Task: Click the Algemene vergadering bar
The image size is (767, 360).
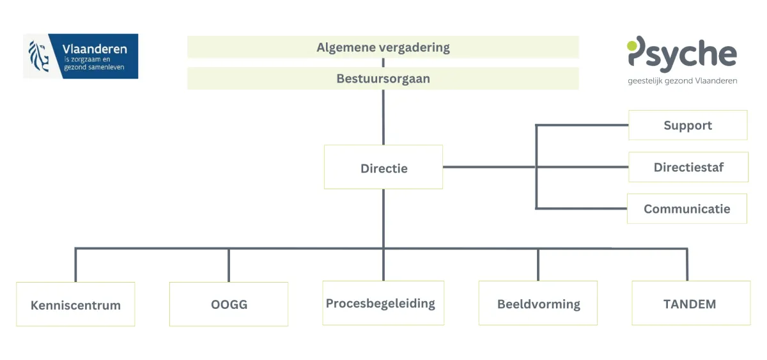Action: (383, 47)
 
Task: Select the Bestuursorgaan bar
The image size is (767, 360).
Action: (383, 79)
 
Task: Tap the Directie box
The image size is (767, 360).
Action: (383, 168)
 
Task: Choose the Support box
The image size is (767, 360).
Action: (688, 125)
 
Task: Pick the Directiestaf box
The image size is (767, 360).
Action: (688, 168)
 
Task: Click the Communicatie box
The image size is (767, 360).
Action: (687, 209)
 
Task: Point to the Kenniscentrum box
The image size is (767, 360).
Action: (75, 304)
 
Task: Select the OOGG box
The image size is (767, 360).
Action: (229, 304)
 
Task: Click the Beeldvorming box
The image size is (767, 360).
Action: (538, 304)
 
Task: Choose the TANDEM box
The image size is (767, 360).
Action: (690, 304)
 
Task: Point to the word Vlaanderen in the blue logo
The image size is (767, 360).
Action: (95, 49)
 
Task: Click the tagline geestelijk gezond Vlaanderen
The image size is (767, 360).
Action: (682, 81)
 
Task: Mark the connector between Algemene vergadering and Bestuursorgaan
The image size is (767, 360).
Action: (383, 63)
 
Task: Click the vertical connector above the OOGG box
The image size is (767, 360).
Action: (229, 265)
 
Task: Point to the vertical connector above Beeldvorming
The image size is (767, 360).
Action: (538, 264)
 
